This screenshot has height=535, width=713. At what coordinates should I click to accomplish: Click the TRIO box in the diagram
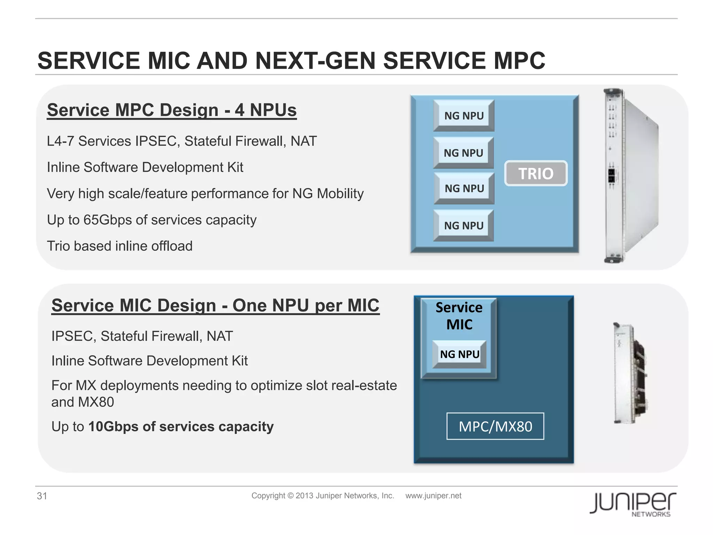[535, 173]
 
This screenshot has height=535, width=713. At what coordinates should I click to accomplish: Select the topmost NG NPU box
[464, 116]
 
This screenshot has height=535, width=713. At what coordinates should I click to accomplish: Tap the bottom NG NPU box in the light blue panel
[464, 226]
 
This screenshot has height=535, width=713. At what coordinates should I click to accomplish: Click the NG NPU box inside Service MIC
[460, 354]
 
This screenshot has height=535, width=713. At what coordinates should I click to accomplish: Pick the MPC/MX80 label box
[495, 426]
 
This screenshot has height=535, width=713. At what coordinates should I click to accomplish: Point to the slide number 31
[42, 496]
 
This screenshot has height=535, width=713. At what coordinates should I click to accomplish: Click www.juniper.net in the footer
[433, 496]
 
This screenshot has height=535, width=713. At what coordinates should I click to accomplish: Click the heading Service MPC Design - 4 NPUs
[172, 110]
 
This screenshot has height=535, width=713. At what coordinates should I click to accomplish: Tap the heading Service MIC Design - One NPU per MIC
[215, 305]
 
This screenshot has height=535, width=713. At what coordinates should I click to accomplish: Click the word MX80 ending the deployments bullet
[96, 402]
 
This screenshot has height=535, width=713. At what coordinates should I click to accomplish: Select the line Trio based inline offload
[119, 246]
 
